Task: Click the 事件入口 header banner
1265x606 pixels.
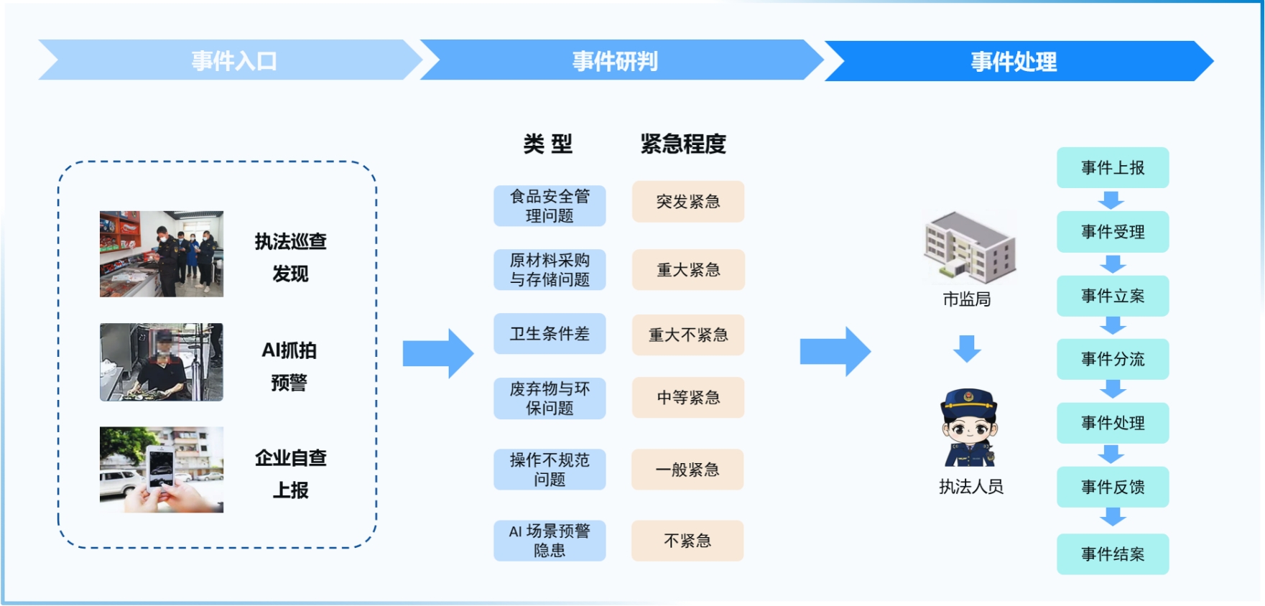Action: (233, 60)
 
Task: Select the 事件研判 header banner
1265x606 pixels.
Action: (615, 60)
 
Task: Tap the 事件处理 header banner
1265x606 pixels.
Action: (1014, 61)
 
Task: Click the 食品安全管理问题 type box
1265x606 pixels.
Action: (550, 206)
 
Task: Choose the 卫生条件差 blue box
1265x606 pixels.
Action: (550, 334)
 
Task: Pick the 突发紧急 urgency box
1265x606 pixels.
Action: (688, 202)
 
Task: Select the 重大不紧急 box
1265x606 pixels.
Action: (688, 335)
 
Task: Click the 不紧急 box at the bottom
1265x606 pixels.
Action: (687, 541)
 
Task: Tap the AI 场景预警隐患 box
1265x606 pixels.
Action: (550, 541)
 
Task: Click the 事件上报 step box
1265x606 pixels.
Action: (1113, 168)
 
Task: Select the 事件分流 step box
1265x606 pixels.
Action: (1113, 359)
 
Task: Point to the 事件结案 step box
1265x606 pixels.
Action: (1113, 554)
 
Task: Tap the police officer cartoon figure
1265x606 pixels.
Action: (970, 429)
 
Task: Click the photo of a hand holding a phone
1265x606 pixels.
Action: (162, 470)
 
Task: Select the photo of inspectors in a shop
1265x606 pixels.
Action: (162, 253)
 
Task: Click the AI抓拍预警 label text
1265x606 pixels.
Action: (289, 366)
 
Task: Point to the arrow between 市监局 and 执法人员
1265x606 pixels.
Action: (967, 348)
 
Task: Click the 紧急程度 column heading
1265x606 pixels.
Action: (683, 144)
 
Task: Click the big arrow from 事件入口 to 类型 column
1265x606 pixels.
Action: (437, 353)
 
